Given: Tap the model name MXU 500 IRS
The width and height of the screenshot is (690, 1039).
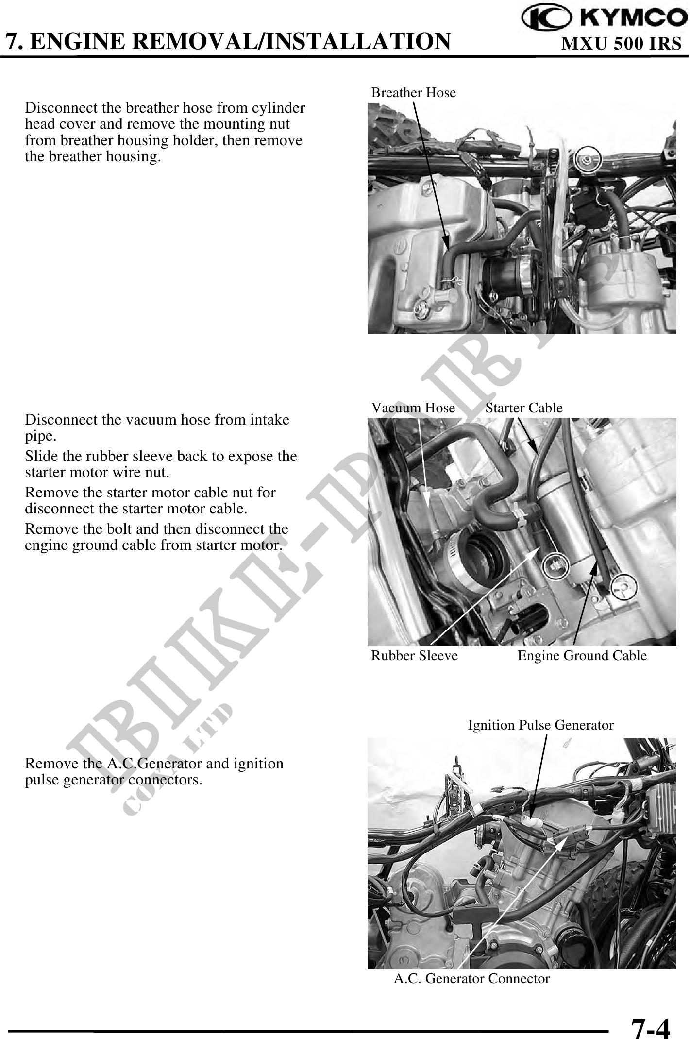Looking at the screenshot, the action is click(x=622, y=44).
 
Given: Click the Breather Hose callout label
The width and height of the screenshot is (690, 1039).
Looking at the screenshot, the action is click(x=414, y=93).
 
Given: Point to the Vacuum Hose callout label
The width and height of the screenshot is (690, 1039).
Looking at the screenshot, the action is click(x=413, y=408).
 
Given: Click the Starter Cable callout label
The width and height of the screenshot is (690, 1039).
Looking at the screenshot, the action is click(x=524, y=408).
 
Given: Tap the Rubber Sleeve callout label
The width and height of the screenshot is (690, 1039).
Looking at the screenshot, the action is click(x=414, y=656).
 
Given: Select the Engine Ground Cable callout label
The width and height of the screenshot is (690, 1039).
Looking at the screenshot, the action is click(x=582, y=656).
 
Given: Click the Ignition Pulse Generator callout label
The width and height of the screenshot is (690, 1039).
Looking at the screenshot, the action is click(x=540, y=725).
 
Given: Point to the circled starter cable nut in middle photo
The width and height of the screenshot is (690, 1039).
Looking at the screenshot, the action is click(x=554, y=565).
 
